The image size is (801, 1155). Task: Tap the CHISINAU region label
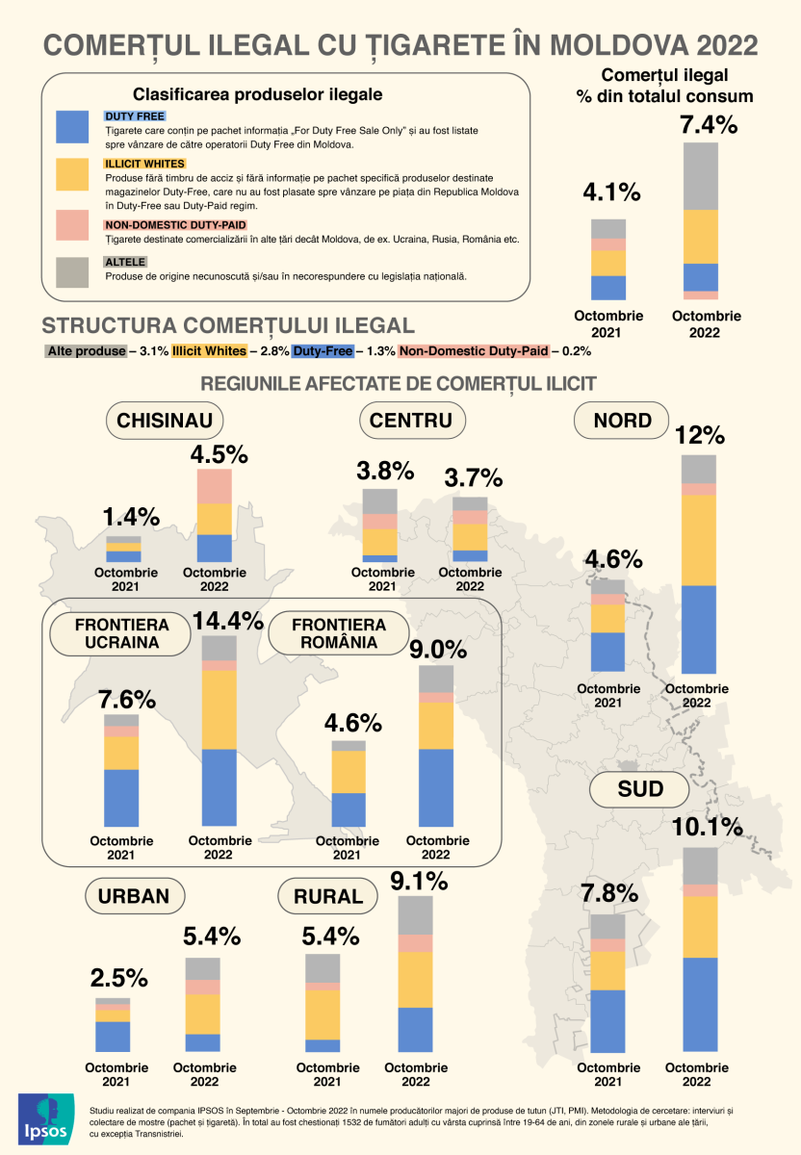[x=166, y=421]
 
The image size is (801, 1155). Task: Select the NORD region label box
[x=622, y=421]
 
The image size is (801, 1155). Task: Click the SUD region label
[x=640, y=790]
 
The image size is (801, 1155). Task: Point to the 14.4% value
[x=228, y=621]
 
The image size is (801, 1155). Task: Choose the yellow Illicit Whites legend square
[x=75, y=175]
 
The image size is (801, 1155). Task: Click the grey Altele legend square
[x=75, y=272]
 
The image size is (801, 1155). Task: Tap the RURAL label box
[x=328, y=897]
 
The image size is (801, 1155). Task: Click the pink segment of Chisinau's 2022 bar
[x=215, y=486]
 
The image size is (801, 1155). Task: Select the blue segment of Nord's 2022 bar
[x=699, y=629]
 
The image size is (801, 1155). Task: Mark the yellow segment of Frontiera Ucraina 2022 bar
[x=220, y=709]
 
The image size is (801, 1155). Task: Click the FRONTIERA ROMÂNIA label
[x=326, y=634]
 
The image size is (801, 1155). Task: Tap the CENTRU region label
[x=411, y=421]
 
